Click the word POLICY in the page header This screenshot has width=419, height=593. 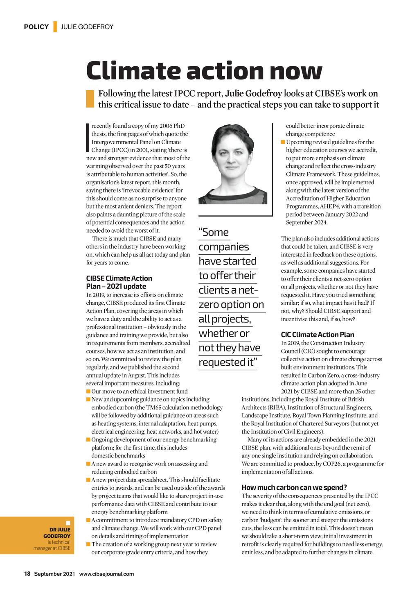[x=36, y=27]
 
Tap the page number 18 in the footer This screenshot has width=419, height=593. [x=27, y=574]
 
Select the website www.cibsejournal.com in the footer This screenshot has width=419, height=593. [x=106, y=574]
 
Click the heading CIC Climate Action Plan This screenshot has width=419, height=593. [x=317, y=335]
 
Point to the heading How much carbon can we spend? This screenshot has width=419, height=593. [x=294, y=487]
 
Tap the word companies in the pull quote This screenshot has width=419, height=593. [x=224, y=247]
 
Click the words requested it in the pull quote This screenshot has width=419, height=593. [x=227, y=362]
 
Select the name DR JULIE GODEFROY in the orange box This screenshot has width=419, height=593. [x=57, y=533]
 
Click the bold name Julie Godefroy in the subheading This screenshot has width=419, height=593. [x=253, y=94]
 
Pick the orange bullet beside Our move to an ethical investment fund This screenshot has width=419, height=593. [x=88, y=392]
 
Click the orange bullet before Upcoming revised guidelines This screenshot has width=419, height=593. [x=283, y=142]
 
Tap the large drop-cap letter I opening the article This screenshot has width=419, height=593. [x=88, y=138]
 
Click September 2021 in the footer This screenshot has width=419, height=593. [x=54, y=574]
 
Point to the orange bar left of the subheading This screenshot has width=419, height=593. [x=90, y=99]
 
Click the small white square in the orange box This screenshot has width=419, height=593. [x=68, y=523]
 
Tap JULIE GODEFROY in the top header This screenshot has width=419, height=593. [x=87, y=27]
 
